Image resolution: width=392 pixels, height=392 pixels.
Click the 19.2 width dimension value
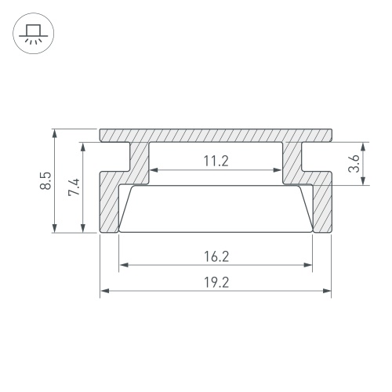point(216,282)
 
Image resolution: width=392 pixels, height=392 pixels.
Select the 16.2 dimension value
point(216,256)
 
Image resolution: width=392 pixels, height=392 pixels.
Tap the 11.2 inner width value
point(216,161)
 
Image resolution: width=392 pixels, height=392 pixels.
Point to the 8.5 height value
point(46,180)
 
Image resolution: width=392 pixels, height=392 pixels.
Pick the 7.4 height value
point(74,187)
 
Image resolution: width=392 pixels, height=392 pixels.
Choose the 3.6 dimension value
point(354,163)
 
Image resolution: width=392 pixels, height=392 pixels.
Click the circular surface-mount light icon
point(33,33)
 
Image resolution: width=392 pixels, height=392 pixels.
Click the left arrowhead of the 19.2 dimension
point(105,291)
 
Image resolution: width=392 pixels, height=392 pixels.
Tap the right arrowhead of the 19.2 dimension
point(327,291)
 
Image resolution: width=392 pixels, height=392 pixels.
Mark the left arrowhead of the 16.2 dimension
point(124,265)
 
